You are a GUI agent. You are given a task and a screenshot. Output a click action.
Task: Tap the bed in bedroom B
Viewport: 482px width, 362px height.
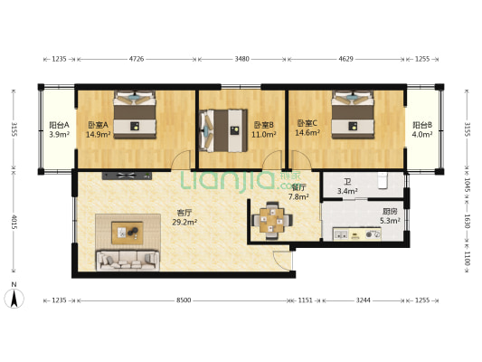point(222,129)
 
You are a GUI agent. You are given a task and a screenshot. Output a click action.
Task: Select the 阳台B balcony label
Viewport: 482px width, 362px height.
point(422,126)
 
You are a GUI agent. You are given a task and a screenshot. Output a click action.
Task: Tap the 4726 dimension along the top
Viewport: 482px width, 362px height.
point(137,60)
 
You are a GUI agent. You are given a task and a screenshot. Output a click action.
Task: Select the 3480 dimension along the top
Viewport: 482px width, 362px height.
point(241,60)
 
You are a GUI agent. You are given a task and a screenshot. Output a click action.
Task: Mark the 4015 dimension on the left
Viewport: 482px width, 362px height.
point(13,222)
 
